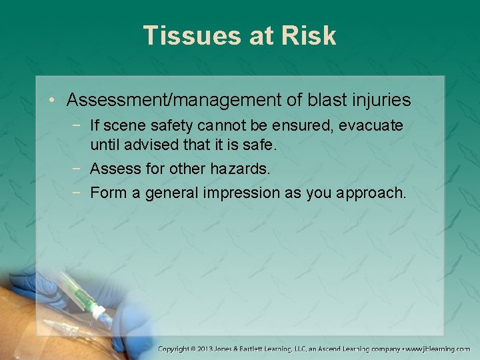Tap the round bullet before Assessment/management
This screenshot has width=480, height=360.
(55, 101)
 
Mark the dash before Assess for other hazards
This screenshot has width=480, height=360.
(78, 169)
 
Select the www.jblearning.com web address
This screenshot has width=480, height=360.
(439, 349)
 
